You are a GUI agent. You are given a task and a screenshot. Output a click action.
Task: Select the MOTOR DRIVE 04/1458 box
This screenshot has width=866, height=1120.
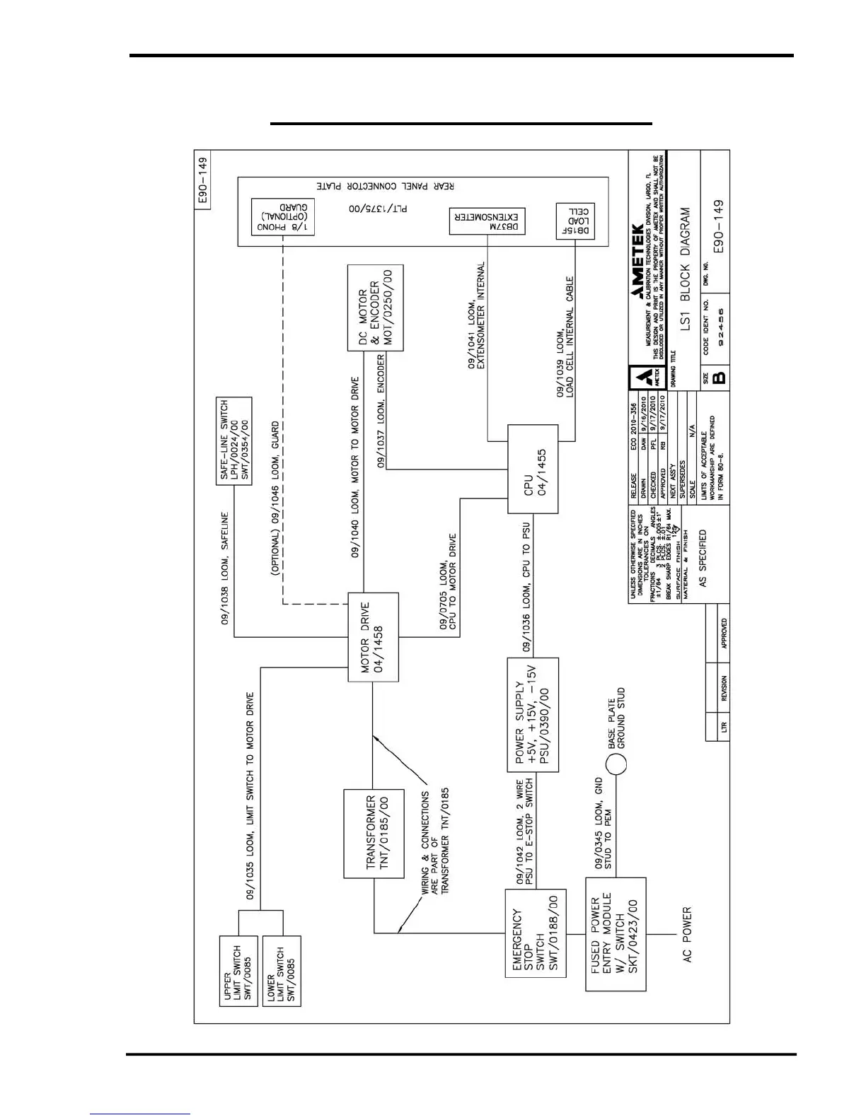tap(373, 638)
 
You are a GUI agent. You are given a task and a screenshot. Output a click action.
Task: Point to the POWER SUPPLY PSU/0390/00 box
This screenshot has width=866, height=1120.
tap(533, 715)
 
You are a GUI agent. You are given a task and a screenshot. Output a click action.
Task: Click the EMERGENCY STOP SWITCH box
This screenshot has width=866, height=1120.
tap(536, 933)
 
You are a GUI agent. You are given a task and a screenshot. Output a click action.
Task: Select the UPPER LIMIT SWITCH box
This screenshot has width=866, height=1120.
tap(238, 971)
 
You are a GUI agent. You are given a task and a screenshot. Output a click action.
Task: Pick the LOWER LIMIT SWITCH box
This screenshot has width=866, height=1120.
tap(282, 971)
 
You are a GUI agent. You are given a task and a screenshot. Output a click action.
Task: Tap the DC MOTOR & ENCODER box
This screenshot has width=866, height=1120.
tap(375, 308)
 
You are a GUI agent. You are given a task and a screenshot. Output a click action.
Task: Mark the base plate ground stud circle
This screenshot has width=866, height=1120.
tap(616, 764)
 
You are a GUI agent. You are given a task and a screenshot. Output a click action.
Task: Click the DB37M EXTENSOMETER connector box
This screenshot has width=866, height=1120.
tap(487, 221)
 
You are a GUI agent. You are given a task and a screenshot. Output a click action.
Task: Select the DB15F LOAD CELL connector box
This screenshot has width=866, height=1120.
tap(575, 221)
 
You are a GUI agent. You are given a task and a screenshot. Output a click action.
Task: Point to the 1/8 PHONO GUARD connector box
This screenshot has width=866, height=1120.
tap(283, 216)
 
